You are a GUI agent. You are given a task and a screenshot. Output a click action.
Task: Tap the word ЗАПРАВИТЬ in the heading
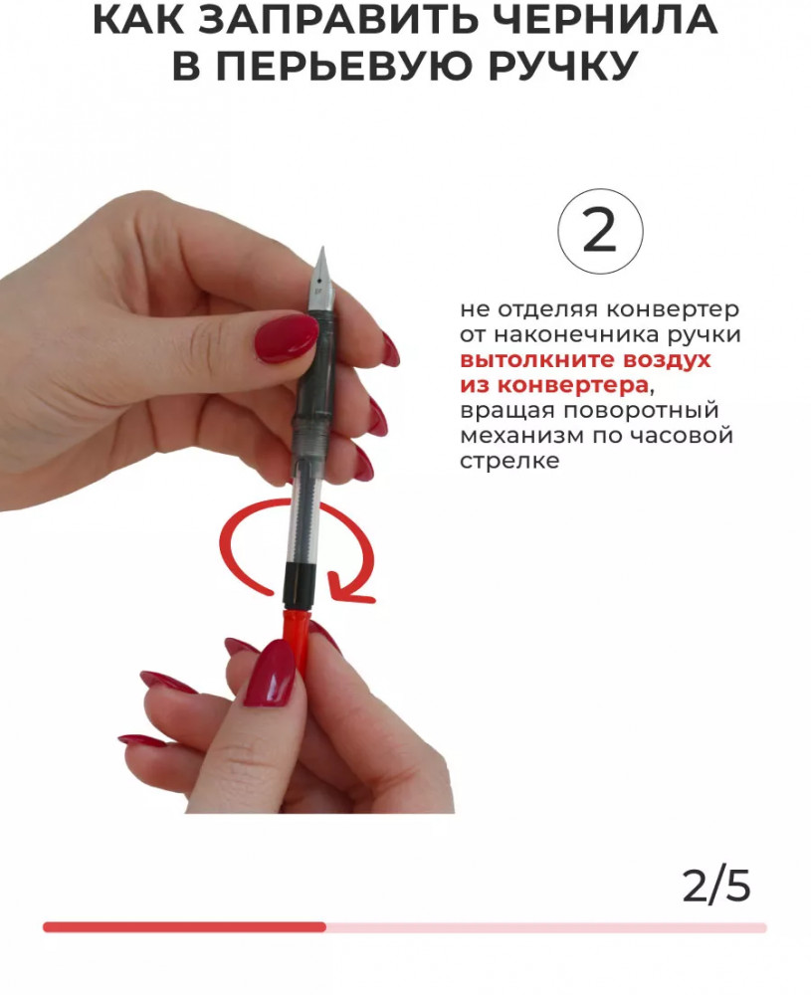pos(338,19)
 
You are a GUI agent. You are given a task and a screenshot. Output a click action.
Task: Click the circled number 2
pos(600,231)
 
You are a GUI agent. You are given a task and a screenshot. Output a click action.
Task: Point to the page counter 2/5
pos(716,886)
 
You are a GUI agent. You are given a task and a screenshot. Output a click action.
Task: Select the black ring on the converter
pos(297,582)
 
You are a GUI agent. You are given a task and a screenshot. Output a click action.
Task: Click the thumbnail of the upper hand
pos(287,339)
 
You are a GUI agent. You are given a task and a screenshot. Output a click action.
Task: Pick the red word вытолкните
pos(537,360)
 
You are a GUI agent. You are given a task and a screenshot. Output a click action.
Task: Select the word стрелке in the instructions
pos(509,462)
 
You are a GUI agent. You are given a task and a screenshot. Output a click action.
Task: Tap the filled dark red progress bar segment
pos(185,927)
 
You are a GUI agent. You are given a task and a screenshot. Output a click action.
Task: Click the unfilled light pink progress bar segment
pos(546,927)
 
